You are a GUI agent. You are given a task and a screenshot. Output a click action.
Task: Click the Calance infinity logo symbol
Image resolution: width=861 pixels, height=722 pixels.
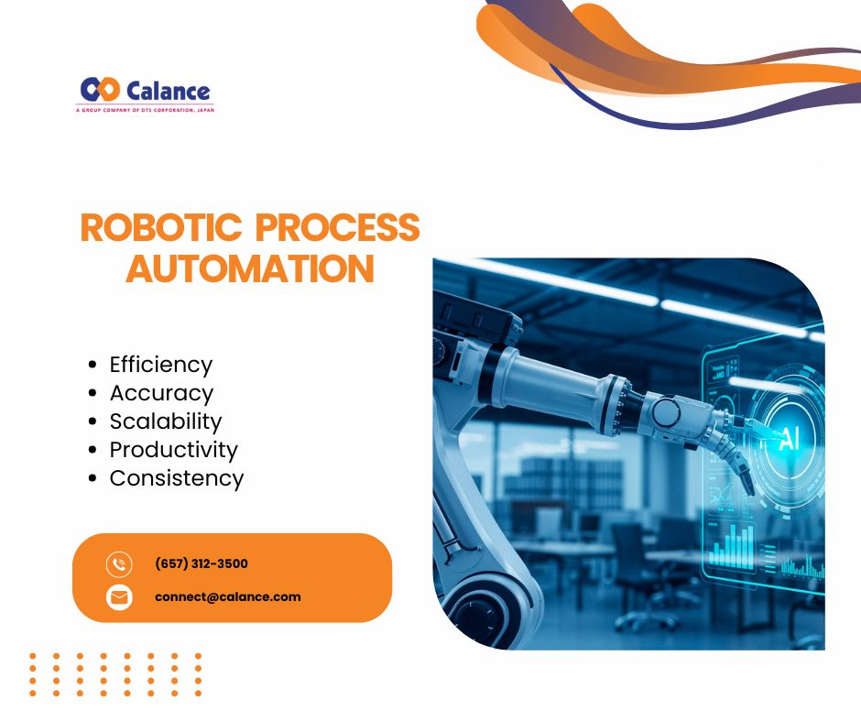pyautogui.click(x=100, y=90)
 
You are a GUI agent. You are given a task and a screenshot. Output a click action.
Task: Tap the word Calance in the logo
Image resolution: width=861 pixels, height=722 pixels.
pyautogui.click(x=168, y=91)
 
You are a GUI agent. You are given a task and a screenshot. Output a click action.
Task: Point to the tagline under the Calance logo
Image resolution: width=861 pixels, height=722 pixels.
pyautogui.click(x=145, y=110)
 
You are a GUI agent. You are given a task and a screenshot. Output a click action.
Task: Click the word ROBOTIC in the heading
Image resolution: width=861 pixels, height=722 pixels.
pyautogui.click(x=161, y=227)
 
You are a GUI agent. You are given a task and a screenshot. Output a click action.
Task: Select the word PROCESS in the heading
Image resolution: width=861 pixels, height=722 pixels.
pyautogui.click(x=338, y=227)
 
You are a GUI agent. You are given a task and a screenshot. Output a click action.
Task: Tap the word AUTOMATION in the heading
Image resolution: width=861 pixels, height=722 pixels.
pyautogui.click(x=250, y=268)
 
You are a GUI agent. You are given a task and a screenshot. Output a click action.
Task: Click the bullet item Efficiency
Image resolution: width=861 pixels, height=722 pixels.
pyautogui.click(x=161, y=365)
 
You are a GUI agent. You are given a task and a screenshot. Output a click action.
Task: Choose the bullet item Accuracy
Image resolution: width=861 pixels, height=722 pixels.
pyautogui.click(x=161, y=393)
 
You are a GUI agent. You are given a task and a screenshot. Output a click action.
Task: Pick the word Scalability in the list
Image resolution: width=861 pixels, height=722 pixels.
pyautogui.click(x=166, y=421)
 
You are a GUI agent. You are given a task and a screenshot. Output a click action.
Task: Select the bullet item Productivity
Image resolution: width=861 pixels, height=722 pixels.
pyautogui.click(x=173, y=450)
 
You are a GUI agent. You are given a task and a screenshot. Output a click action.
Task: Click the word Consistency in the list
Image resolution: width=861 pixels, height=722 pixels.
pyautogui.click(x=176, y=478)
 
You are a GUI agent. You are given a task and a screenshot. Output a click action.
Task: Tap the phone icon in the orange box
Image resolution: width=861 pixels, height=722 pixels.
pyautogui.click(x=119, y=564)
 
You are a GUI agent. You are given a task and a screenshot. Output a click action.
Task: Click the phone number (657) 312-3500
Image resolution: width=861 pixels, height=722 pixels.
pyautogui.click(x=202, y=563)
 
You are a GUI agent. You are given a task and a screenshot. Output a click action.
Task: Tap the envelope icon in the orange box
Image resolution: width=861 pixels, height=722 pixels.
pyautogui.click(x=119, y=597)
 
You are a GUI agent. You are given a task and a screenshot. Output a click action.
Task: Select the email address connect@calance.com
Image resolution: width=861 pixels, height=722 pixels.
pyautogui.click(x=228, y=596)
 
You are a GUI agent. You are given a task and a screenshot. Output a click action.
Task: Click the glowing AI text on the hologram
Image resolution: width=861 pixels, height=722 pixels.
pyautogui.click(x=789, y=438)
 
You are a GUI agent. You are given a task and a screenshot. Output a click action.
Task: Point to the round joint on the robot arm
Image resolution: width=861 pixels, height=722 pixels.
pyautogui.click(x=666, y=410)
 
